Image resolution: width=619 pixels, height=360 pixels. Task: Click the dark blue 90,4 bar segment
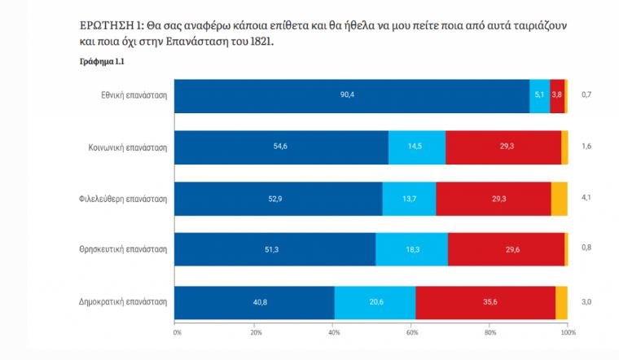352,95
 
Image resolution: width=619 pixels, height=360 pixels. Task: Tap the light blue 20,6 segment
375,302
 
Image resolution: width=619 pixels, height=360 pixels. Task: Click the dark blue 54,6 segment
282,147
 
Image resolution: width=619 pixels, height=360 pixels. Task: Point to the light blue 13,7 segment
409,199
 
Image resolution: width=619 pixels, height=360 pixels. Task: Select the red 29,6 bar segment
506,249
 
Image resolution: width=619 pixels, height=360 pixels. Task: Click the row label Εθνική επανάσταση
134,95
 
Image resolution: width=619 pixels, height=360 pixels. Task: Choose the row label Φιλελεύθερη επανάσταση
126,199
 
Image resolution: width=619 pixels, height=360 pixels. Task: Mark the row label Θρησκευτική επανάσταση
126,249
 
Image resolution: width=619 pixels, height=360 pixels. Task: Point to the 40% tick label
333,333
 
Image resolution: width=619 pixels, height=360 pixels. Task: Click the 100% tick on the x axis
568,333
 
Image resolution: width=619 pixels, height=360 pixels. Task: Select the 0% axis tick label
177,333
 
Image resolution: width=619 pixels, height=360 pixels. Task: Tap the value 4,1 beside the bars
586,199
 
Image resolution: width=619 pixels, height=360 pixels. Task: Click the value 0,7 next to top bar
586,95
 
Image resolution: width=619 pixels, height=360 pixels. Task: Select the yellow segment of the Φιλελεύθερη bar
559,199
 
